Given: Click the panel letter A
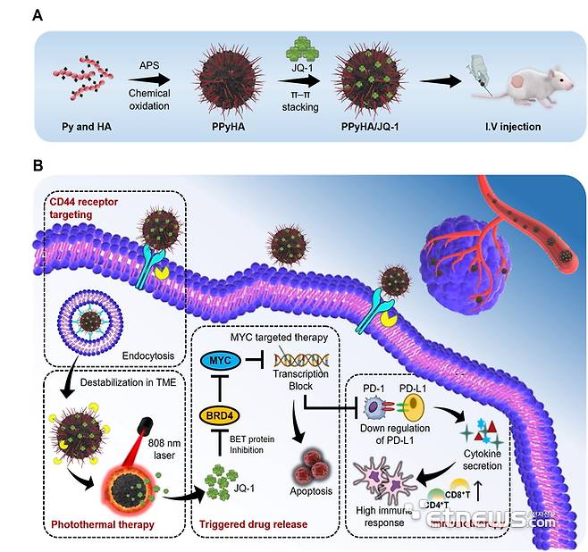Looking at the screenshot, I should [x=36, y=14].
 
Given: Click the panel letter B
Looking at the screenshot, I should [x=36, y=167].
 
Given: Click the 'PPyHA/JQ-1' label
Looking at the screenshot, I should [x=367, y=127].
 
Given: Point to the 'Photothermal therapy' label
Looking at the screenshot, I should [x=103, y=523].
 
